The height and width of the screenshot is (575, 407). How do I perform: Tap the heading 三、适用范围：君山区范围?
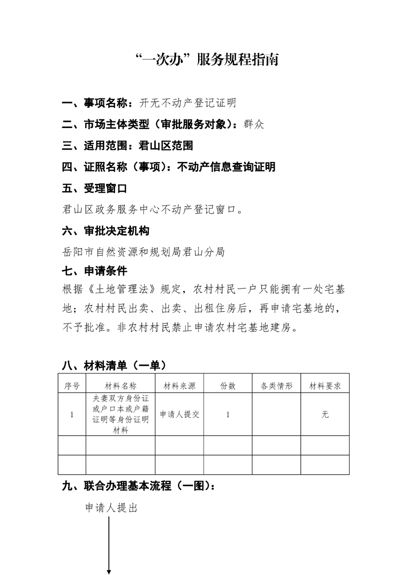coord(127,146)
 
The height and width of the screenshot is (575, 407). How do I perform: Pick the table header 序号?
coord(72,386)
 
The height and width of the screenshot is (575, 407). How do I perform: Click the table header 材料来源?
coord(179,386)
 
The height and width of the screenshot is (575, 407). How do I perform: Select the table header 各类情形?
coord(276,386)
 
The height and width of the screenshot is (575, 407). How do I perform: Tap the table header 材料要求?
coord(325,386)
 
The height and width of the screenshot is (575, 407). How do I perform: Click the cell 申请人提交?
coord(179,414)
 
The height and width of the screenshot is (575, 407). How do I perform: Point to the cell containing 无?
coord(325,414)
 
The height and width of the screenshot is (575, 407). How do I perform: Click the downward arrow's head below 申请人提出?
coord(109,571)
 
